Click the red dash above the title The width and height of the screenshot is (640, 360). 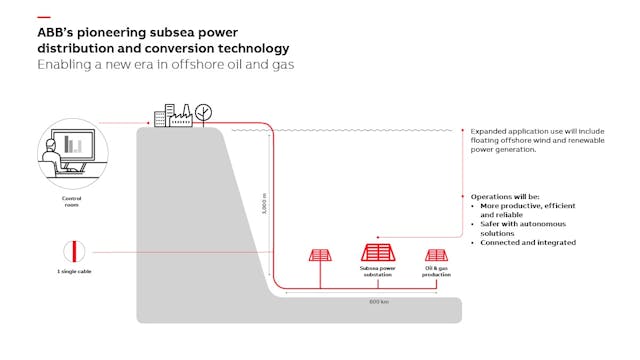pos(43,17)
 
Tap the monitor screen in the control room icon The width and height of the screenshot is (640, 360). pos(73,144)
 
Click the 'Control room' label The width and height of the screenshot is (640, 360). pos(64,202)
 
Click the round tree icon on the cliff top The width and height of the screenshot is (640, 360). pos(204,110)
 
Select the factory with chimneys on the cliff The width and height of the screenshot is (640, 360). pos(183,115)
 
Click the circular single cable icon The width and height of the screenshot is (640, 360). pos(72,250)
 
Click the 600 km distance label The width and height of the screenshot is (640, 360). pos(378,300)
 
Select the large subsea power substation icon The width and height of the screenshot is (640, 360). pos(377,253)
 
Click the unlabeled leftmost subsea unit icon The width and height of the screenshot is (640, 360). pos(320,258)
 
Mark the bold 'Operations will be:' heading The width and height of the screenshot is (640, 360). pos(505,197)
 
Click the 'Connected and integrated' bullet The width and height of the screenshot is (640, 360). pos(526,243)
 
